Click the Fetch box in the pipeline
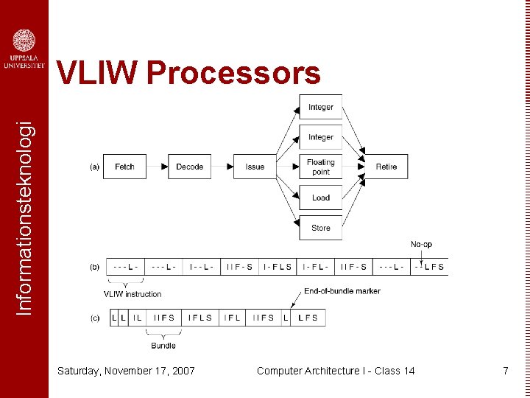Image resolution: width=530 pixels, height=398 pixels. (x=124, y=167)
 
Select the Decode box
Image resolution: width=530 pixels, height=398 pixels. (x=190, y=167)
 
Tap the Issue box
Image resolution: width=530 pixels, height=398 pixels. (x=255, y=167)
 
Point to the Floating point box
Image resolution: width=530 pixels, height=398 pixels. (x=320, y=167)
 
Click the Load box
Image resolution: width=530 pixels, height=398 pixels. (x=320, y=198)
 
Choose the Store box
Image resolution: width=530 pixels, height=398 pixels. (x=320, y=228)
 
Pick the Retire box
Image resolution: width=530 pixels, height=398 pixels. (x=386, y=167)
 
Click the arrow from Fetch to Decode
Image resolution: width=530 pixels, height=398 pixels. (x=157, y=167)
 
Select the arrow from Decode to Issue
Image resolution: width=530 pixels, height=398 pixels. (x=222, y=167)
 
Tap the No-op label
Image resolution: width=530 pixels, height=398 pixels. (x=422, y=244)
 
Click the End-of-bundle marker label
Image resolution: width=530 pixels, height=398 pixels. (x=342, y=291)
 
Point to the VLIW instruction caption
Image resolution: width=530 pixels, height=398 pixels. (x=132, y=294)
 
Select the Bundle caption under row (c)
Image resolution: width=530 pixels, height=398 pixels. (x=163, y=345)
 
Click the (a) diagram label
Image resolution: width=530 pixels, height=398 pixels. (x=94, y=167)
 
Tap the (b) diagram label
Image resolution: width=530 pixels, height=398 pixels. (x=94, y=267)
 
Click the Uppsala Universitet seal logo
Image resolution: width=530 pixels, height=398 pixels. (x=24, y=41)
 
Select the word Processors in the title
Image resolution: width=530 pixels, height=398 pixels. (x=233, y=74)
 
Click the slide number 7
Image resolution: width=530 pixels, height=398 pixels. (x=505, y=371)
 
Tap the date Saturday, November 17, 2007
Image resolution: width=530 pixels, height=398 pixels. (x=126, y=371)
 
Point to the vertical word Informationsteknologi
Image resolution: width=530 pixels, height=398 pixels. (x=24, y=208)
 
